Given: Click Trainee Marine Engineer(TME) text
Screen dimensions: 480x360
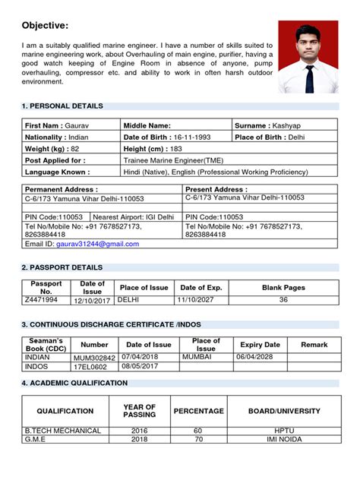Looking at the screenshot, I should click(x=174, y=161).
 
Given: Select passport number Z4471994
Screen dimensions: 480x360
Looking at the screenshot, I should click(x=42, y=301).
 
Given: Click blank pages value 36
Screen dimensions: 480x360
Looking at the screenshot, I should click(x=283, y=301).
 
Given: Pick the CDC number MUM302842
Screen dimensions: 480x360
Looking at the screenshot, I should click(x=94, y=357).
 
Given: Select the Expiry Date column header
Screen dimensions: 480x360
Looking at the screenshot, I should click(x=261, y=345).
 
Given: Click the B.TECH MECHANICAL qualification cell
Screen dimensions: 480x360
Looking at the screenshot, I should click(x=63, y=431).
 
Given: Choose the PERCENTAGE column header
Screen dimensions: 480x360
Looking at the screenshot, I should click(x=198, y=411).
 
